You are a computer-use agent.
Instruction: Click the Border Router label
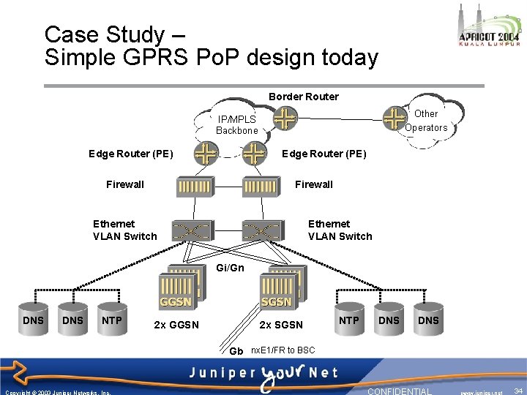[303, 97]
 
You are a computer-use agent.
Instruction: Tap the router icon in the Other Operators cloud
[395, 116]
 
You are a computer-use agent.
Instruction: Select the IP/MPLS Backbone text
[236, 125]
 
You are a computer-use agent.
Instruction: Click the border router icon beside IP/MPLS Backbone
[285, 118]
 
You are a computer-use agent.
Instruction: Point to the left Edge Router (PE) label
[130, 154]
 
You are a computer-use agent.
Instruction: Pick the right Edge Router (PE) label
[324, 154]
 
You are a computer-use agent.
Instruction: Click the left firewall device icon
[195, 187]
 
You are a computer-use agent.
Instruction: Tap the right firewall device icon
[261, 187]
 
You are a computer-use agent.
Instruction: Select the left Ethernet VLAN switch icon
[190, 231]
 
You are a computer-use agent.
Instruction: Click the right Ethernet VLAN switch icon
[261, 231]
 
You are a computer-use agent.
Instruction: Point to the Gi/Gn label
[230, 268]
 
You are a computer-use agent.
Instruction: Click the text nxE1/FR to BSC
[283, 350]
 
